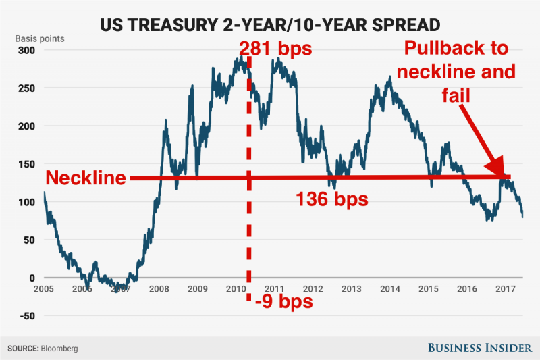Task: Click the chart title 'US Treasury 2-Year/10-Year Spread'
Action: point(269,26)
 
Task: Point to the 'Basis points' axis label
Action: point(40,38)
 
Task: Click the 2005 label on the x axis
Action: point(44,289)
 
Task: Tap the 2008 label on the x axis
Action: point(159,289)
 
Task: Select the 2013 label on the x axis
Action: point(352,289)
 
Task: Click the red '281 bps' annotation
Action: point(275,49)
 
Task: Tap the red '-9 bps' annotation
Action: point(284,301)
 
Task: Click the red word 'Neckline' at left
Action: point(86,179)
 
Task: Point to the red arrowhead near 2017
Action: point(496,168)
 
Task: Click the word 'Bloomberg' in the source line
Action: point(60,349)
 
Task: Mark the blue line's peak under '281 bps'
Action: point(241,58)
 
